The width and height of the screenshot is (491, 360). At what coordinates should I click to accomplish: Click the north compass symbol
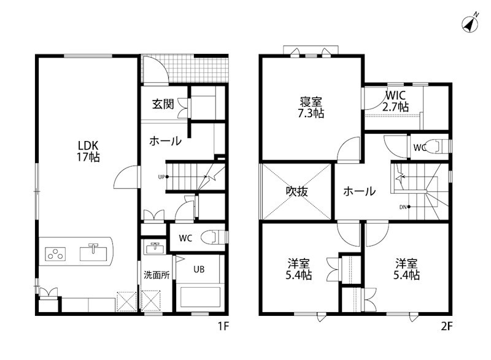coord(469,24)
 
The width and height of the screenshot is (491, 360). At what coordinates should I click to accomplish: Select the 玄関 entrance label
coord(163,104)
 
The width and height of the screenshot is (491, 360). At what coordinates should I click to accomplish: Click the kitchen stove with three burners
coord(56,252)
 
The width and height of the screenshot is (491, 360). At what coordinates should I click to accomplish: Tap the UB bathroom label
coord(199,269)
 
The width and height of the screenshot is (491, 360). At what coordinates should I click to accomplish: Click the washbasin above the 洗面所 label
coord(154,248)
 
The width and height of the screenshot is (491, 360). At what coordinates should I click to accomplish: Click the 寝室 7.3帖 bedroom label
coord(311,107)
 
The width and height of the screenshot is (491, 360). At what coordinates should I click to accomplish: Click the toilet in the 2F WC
coord(434,146)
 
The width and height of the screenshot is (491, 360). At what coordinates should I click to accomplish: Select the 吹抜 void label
coord(298,191)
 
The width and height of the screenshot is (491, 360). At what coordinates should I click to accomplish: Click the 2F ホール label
coord(359,191)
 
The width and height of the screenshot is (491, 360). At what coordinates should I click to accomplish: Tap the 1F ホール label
coord(165,140)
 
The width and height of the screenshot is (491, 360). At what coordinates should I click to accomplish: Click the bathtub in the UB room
coord(199,297)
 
